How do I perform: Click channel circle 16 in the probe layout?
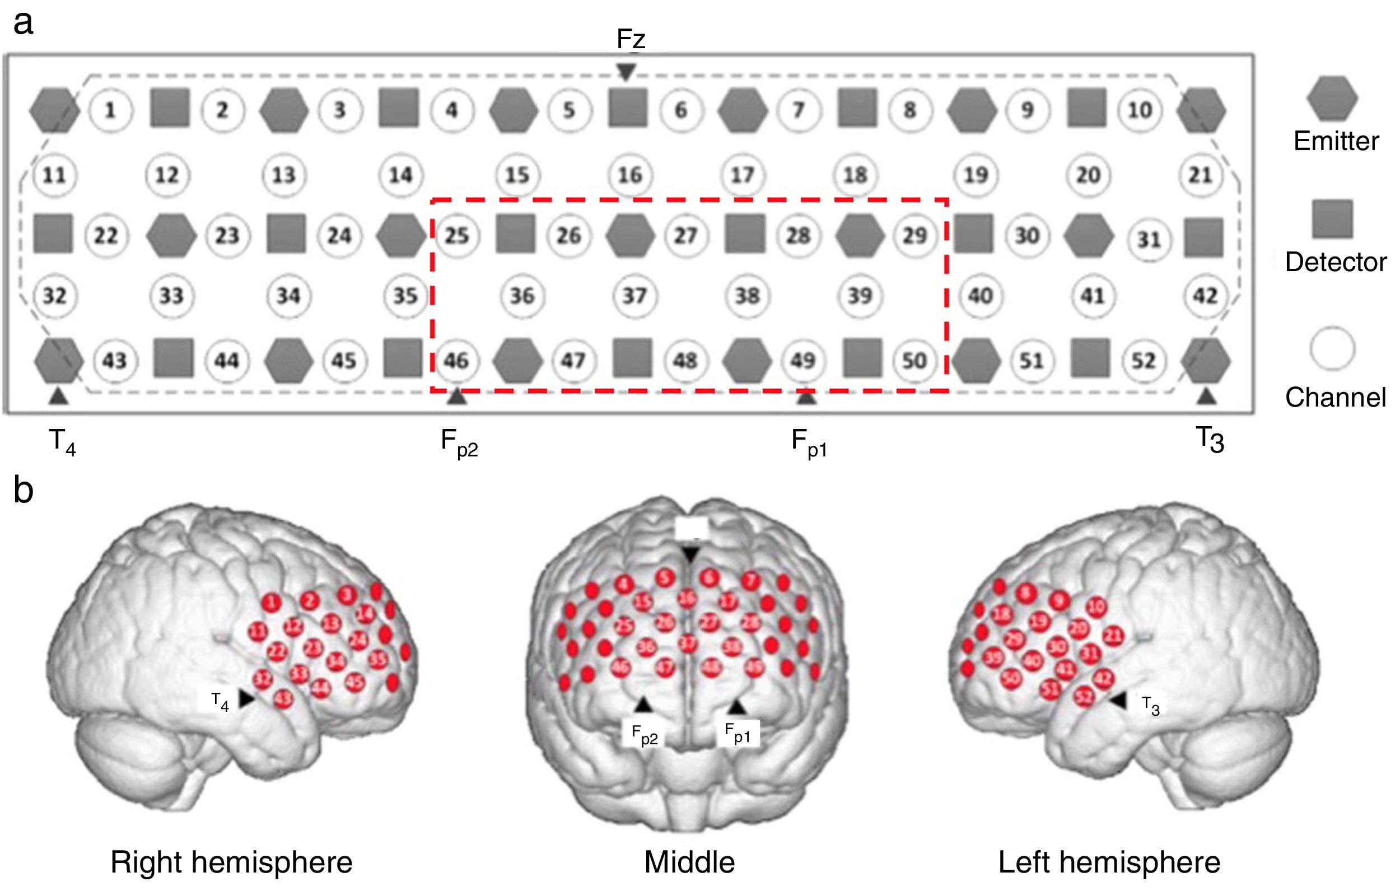629,175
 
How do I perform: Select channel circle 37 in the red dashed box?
634,296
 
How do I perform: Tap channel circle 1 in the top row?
110,110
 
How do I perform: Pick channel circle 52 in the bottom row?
1143,361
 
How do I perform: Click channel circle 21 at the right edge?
1200,175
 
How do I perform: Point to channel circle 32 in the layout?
55,296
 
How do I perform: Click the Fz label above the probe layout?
631,40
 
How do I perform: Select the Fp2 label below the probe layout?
459,443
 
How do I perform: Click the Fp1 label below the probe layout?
808,443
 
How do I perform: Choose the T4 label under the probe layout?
63,443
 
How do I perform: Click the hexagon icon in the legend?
1332,100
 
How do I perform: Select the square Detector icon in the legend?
1332,220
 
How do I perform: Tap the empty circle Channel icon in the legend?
1332,349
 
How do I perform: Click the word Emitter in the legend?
1336,141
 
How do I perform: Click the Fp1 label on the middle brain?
738,734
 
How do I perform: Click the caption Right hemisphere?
231,862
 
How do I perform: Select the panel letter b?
24,489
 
